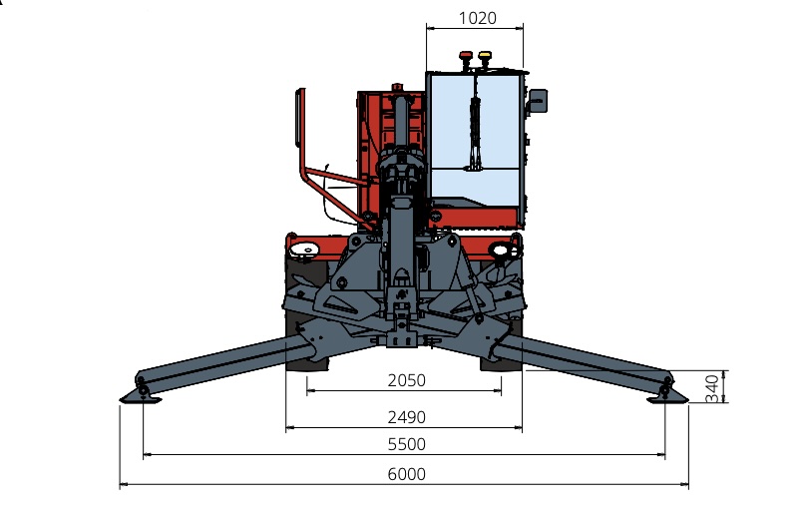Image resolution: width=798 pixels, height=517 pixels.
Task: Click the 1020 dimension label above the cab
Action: click(x=477, y=18)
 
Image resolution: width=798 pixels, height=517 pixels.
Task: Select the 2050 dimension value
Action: click(x=406, y=380)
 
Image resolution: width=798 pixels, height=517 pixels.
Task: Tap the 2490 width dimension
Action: click(x=406, y=417)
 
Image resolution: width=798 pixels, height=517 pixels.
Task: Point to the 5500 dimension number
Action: click(x=406, y=444)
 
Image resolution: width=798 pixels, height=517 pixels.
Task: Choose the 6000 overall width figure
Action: click(x=406, y=474)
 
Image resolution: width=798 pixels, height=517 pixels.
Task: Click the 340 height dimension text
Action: click(x=711, y=387)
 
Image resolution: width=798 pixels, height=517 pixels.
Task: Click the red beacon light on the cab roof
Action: click(x=464, y=59)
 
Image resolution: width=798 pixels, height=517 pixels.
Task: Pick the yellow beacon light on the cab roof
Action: click(x=485, y=59)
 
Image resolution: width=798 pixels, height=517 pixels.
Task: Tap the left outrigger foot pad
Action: click(x=140, y=397)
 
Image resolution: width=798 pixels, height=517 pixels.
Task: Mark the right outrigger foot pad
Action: click(x=666, y=397)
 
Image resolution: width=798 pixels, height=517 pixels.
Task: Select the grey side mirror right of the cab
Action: click(x=539, y=101)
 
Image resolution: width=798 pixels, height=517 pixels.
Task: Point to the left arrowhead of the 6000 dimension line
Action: click(x=123, y=485)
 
